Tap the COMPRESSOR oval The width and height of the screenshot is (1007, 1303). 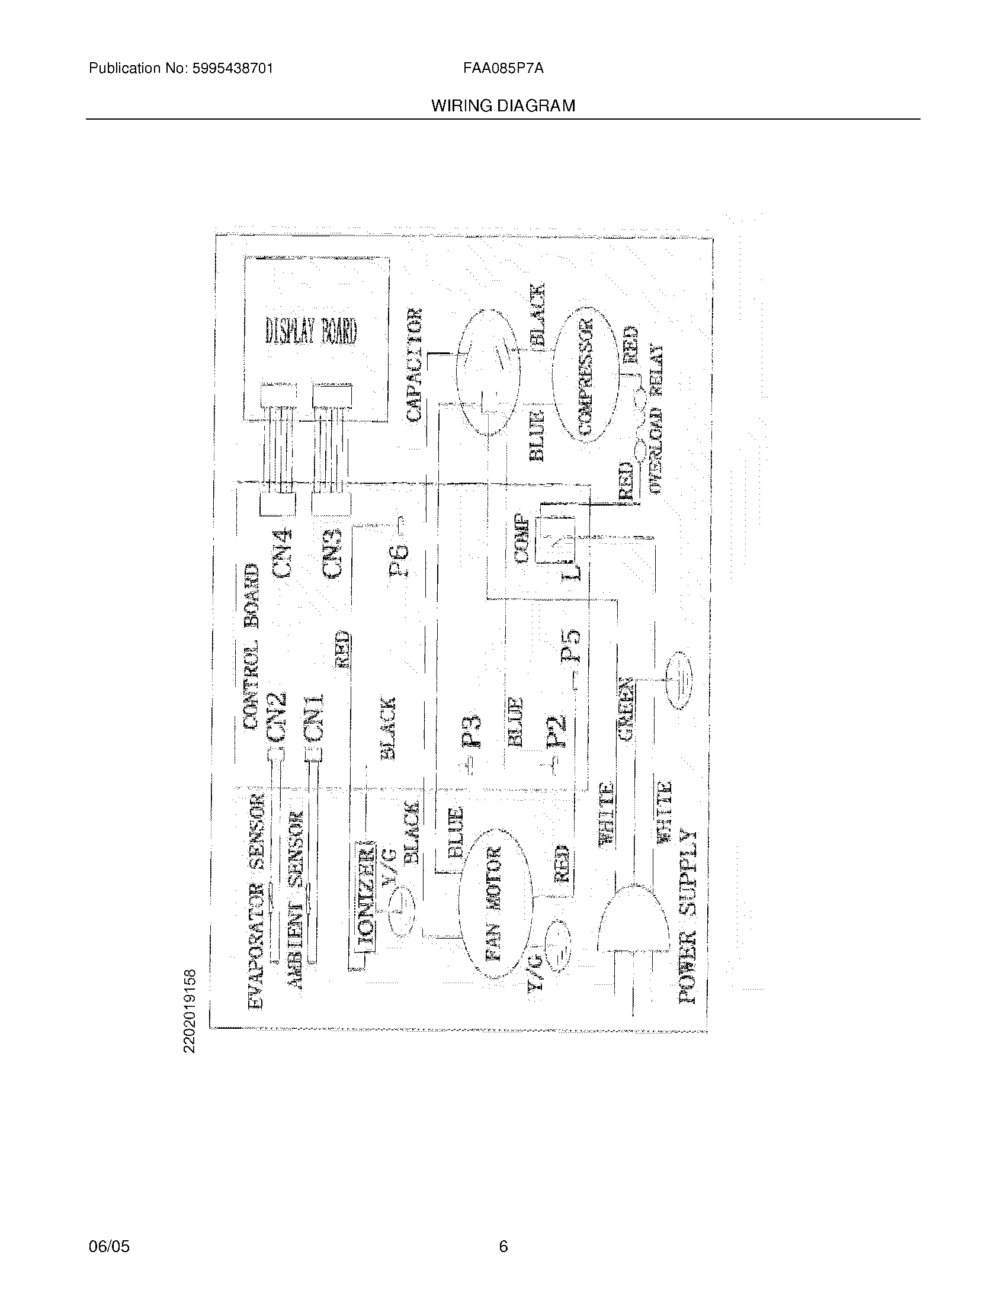click(x=583, y=375)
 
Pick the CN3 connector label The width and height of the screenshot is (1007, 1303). click(x=332, y=553)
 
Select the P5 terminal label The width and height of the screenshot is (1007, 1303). click(x=570, y=646)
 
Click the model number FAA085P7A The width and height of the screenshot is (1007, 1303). click(x=503, y=69)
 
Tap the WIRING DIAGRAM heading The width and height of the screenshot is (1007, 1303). click(x=503, y=106)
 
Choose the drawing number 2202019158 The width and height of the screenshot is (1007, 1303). click(x=190, y=1011)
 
